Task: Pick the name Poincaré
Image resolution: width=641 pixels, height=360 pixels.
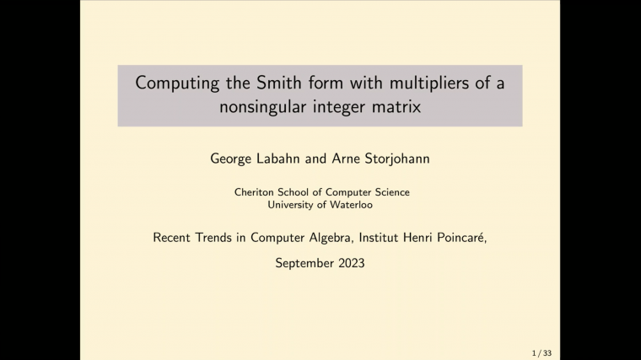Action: pos(463,238)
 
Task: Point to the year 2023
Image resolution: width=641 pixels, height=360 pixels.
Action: pos(350,263)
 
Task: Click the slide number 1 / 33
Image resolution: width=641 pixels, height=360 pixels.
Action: pos(541,353)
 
